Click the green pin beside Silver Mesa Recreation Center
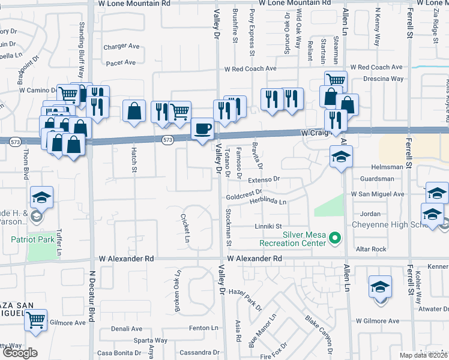coord(336,239)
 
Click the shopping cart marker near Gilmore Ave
coord(36,319)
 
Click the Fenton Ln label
coord(203,328)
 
